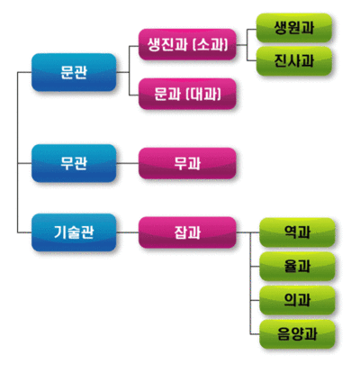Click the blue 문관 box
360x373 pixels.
click(74, 72)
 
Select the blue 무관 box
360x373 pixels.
click(74, 163)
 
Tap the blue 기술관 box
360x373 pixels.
click(74, 232)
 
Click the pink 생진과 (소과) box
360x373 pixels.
click(187, 44)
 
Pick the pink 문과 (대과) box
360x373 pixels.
click(187, 94)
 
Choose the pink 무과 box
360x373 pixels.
click(187, 163)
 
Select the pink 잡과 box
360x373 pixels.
click(187, 232)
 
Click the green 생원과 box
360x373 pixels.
click(294, 28)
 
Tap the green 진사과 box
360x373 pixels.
click(294, 60)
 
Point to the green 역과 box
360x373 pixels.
click(297, 232)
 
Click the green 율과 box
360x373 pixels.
click(297, 267)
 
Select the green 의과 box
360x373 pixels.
click(297, 300)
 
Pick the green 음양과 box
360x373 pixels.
click(297, 334)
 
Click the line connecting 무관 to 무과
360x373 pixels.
click(127, 163)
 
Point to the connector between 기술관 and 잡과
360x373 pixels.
click(127, 232)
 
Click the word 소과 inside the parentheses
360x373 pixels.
click(211, 44)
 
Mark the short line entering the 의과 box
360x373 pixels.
click(255, 300)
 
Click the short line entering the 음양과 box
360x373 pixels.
click(255, 334)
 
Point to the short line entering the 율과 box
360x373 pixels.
click(255, 267)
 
